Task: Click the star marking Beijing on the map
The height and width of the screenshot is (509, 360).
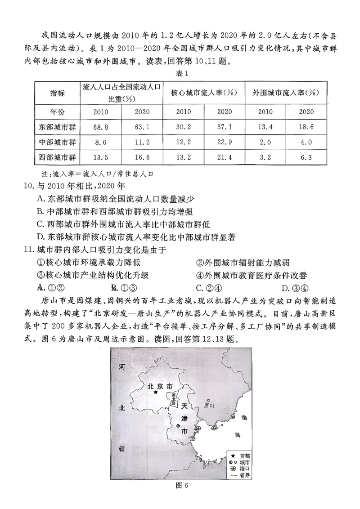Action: [156, 392]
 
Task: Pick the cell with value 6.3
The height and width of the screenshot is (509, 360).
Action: [306, 158]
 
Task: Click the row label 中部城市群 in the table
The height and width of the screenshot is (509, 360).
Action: [57, 143]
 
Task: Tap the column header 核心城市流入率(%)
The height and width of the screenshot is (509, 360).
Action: [204, 93]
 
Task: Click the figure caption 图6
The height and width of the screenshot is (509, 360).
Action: [180, 497]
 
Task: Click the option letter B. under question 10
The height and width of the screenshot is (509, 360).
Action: [40, 211]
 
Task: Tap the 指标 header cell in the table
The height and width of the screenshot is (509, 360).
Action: [57, 93]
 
